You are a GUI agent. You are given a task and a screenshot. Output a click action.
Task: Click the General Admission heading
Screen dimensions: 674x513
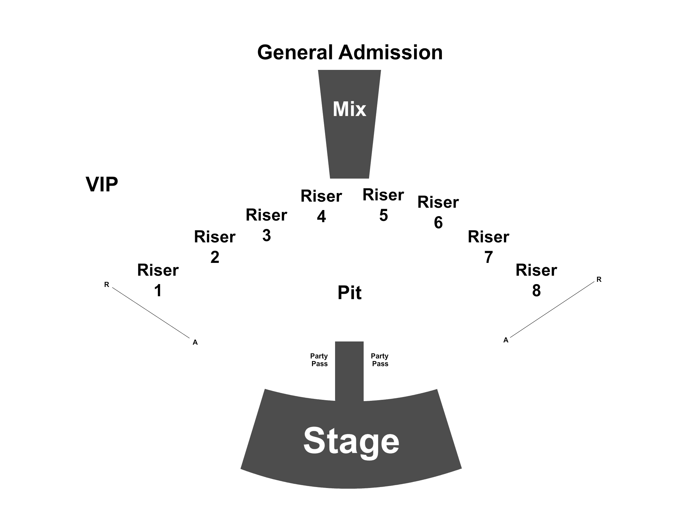[x=350, y=52]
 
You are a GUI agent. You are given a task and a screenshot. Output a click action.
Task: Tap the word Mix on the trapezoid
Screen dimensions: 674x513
[x=349, y=109]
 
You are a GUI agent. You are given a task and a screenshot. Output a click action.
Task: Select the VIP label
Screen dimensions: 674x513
[x=102, y=184]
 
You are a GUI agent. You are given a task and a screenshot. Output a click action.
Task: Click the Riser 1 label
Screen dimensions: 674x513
[x=158, y=280]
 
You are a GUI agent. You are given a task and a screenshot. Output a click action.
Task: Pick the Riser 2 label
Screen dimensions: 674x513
[x=215, y=247]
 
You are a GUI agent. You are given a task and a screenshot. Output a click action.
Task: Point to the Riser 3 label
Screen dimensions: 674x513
[x=266, y=225]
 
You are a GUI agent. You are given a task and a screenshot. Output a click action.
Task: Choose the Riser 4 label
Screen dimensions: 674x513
[x=321, y=206]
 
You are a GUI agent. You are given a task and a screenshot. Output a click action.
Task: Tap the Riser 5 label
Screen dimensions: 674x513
[x=383, y=205]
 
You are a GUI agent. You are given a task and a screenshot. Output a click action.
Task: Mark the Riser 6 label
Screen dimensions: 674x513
[x=438, y=212]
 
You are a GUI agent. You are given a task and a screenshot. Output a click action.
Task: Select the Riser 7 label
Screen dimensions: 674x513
[x=488, y=247]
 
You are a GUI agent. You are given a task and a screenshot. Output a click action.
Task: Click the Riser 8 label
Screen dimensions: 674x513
[x=536, y=280]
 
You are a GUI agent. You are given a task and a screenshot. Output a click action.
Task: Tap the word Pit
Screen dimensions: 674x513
[x=350, y=292]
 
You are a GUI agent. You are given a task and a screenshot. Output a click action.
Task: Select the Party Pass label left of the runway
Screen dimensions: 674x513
[x=319, y=360]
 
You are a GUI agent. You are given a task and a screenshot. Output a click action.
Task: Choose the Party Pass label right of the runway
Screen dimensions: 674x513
[x=380, y=360]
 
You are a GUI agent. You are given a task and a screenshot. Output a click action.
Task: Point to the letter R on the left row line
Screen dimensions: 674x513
[x=107, y=284]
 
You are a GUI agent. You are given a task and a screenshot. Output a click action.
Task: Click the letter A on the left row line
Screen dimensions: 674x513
[x=195, y=342]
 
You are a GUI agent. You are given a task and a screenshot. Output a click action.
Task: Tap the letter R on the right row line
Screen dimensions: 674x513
[x=599, y=280]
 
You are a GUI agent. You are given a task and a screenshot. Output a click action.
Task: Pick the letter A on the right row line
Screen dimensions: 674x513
[x=506, y=340]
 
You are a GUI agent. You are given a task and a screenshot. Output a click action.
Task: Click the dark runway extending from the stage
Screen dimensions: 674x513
[x=349, y=371]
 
